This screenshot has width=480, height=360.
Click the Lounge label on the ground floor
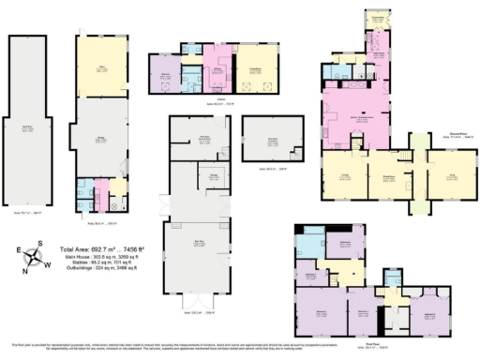[343, 175]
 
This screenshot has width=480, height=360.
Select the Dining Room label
[387, 175]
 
